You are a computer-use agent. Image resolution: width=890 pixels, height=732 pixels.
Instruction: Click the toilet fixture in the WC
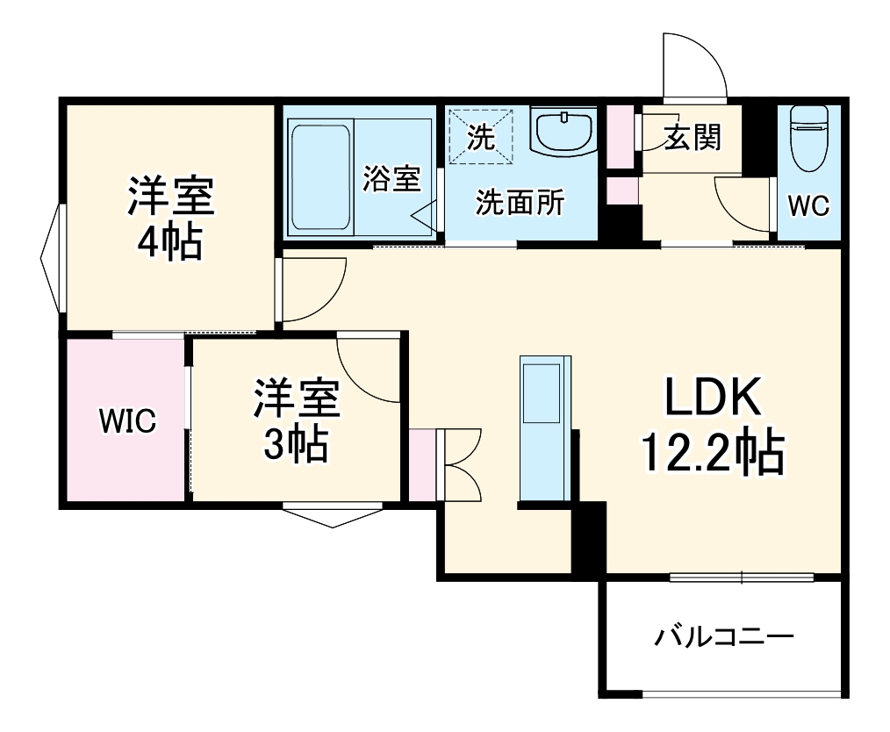(808, 135)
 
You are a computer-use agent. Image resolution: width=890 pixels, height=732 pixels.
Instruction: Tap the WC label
(808, 205)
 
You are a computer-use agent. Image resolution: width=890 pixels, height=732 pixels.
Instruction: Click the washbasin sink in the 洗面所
(563, 132)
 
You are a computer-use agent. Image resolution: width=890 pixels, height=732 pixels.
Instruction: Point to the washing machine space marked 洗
(480, 135)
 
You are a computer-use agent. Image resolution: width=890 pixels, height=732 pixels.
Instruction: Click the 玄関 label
(692, 137)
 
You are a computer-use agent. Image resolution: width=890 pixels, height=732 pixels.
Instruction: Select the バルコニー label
(724, 635)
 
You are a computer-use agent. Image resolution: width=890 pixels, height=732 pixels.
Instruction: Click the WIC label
(127, 421)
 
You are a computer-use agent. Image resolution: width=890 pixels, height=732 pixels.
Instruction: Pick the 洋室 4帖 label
(171, 217)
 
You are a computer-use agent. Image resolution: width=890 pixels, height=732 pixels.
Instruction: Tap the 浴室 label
(391, 179)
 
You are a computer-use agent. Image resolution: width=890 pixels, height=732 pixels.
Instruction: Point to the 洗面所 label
(520, 203)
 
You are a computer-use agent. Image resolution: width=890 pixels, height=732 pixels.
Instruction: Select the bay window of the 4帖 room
(50, 259)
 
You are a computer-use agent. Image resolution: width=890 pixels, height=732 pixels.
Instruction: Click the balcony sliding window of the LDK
(742, 577)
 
